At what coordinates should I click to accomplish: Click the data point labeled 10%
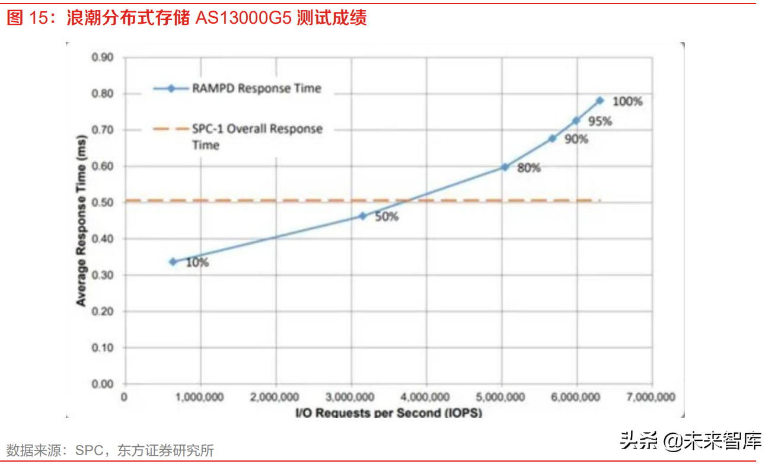173,261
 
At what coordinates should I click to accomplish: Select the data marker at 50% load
362,216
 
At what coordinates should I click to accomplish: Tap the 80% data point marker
505,167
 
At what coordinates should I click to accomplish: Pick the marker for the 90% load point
552,138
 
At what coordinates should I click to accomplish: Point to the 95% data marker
576,120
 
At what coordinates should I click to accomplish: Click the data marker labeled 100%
599,101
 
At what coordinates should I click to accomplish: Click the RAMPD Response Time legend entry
256,88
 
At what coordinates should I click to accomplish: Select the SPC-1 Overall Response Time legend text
257,136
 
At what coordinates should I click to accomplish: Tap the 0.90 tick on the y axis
102,57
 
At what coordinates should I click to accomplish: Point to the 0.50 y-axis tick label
102,203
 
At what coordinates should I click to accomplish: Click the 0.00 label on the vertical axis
102,383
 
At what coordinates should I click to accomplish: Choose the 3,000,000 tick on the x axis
350,396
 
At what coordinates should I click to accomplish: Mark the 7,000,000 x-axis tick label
652,396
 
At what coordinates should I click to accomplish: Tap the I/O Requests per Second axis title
388,412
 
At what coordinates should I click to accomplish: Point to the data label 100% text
627,101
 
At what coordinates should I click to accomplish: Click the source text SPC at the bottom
89,450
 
